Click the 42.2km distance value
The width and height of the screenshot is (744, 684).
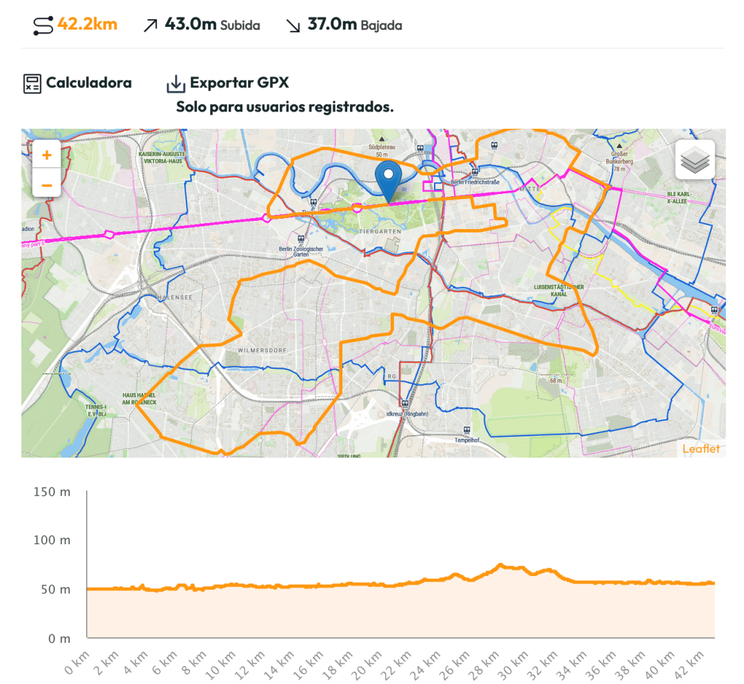[87, 25]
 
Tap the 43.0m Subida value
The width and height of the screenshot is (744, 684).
[191, 25]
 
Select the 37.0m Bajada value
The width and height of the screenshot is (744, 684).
[332, 25]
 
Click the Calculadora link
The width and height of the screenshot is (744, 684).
[88, 83]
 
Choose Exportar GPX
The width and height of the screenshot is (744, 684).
[239, 83]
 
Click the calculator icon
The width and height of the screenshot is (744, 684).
[32, 84]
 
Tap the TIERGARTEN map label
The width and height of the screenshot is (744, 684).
[380, 232]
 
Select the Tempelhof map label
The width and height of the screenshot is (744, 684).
[466, 440]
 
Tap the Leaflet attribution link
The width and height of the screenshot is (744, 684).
[701, 449]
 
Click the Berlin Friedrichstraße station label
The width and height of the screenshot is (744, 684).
[475, 182]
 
